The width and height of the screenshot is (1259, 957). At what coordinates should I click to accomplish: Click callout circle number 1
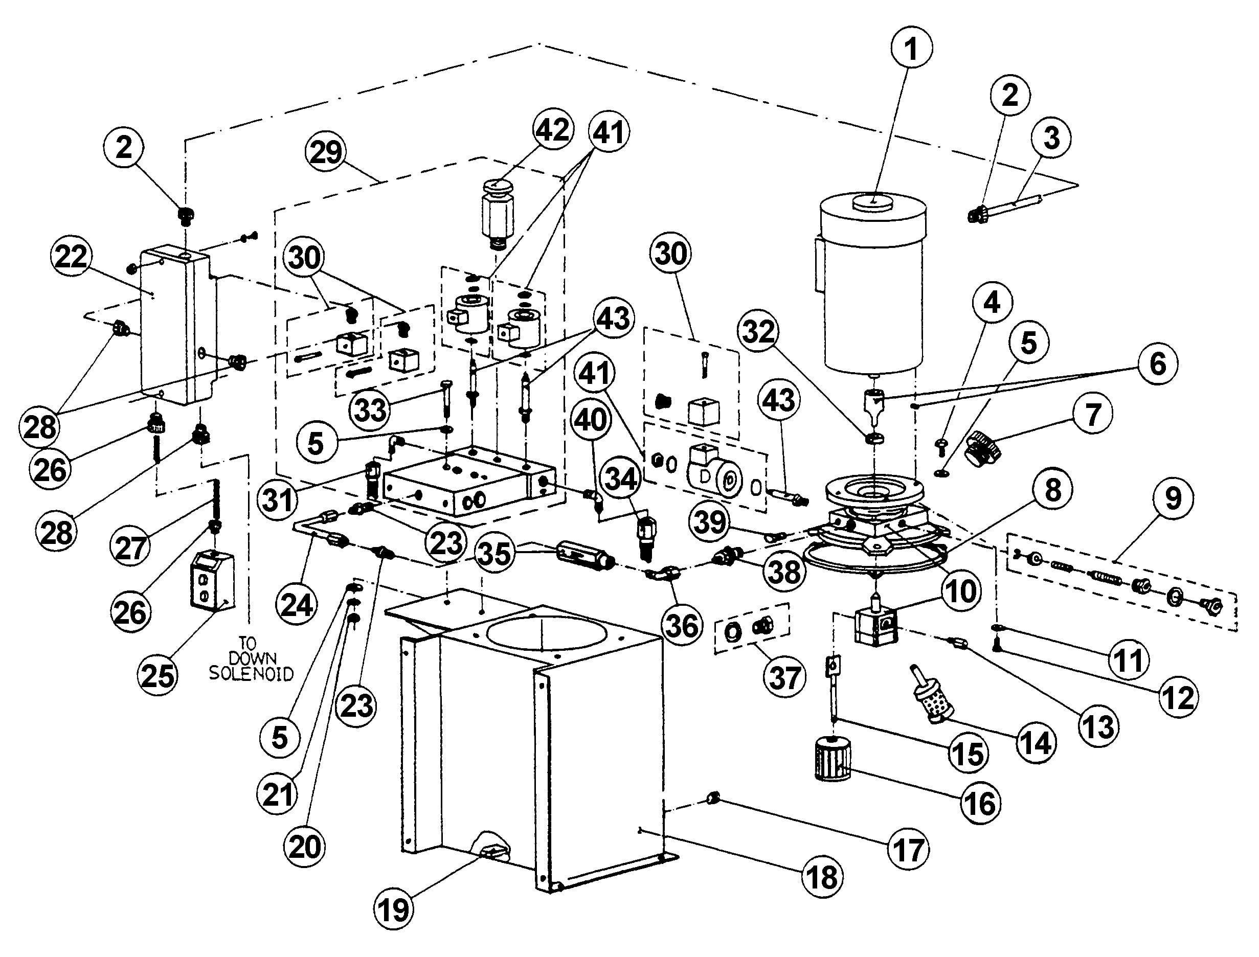(911, 49)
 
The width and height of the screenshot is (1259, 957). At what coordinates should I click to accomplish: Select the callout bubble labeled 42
(553, 130)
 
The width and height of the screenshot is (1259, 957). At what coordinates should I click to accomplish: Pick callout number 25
(159, 676)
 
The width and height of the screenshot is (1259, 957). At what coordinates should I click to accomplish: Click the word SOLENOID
(251, 674)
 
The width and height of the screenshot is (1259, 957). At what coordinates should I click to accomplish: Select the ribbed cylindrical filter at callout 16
(833, 762)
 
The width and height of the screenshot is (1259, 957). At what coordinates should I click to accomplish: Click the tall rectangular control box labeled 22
(178, 325)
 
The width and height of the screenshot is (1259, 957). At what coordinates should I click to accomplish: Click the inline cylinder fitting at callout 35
(586, 554)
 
